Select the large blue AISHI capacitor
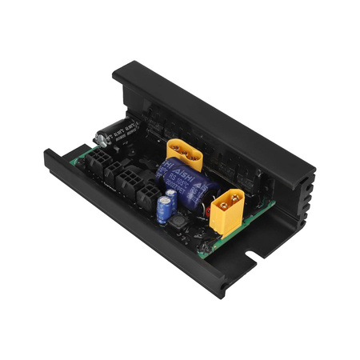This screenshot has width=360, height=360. click(192, 182)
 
